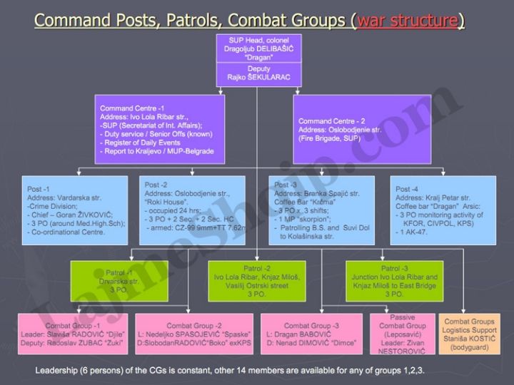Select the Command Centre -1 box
(x=163, y=129)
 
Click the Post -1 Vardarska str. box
(x=76, y=210)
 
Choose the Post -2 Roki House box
(x=194, y=210)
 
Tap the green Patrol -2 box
(x=257, y=281)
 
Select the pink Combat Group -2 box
(x=194, y=334)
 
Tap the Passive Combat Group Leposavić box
(x=402, y=334)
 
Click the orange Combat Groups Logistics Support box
(x=469, y=334)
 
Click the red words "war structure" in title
(x=408, y=19)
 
